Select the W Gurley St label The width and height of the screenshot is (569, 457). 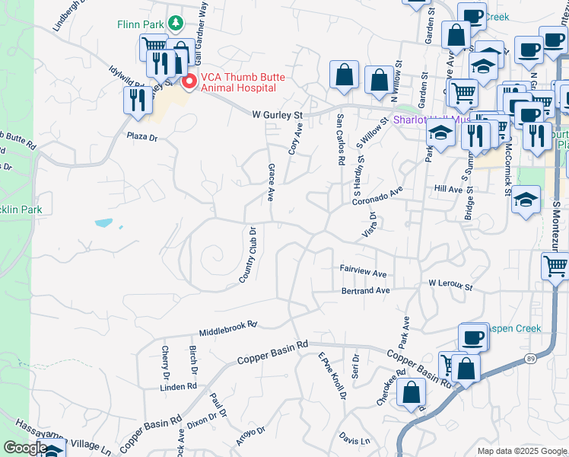(x=278, y=115)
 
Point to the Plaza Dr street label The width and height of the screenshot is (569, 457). (x=141, y=138)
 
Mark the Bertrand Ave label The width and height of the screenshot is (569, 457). (x=365, y=290)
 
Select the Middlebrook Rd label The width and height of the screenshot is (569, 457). (x=228, y=328)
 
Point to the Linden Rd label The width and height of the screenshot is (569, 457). (x=178, y=386)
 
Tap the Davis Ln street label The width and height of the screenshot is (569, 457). (x=354, y=440)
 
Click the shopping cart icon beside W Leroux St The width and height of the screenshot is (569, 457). (x=555, y=267)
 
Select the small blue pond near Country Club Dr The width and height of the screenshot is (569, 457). (x=103, y=224)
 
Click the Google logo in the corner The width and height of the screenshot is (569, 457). (x=25, y=448)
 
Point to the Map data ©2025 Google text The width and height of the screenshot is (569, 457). (x=522, y=451)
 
